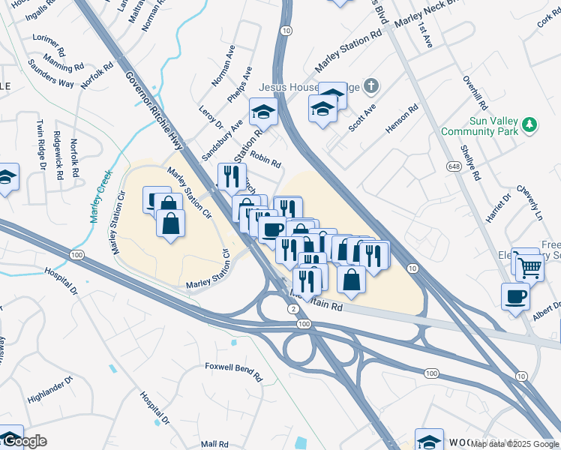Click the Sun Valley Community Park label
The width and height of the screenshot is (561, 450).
[x=490, y=125]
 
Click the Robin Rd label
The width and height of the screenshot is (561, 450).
[x=265, y=158]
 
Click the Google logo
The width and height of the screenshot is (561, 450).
[x=23, y=441]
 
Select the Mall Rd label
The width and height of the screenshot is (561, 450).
[x=214, y=443]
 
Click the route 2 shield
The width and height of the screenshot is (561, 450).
[x=292, y=309]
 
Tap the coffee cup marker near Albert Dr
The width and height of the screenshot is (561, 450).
[x=514, y=295]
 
